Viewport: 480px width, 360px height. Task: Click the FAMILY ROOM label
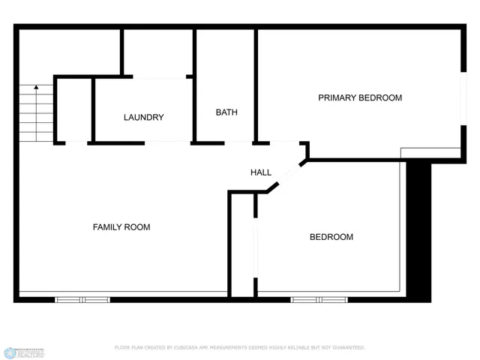(121, 227)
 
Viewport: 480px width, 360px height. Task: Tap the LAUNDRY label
(143, 117)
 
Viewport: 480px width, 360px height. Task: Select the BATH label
(226, 112)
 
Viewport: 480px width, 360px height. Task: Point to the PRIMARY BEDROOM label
(360, 97)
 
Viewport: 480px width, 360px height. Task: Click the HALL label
(260, 172)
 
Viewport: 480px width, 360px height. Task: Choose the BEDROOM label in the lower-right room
(331, 237)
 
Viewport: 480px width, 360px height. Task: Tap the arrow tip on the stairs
(36, 88)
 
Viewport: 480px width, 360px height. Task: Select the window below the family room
(82, 299)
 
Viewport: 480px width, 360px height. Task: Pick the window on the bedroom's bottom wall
(319, 299)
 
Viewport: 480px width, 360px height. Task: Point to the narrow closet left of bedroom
(241, 244)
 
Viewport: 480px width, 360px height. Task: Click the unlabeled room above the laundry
(157, 52)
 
